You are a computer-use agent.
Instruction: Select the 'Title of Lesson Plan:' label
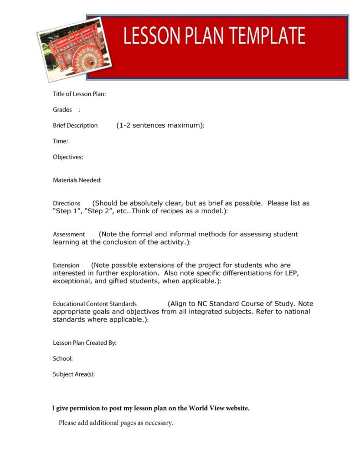pyautogui.click(x=79, y=94)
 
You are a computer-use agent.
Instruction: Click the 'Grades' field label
pyautogui.click(x=62, y=110)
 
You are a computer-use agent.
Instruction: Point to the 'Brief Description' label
pyautogui.click(x=75, y=125)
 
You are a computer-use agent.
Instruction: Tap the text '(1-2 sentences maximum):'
pyautogui.click(x=160, y=125)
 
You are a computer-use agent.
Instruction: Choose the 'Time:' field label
pyautogui.click(x=60, y=141)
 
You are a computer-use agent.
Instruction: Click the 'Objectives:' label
pyautogui.click(x=68, y=157)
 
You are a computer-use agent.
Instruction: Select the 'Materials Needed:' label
pyautogui.click(x=77, y=180)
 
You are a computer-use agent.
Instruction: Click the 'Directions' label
pyautogui.click(x=67, y=203)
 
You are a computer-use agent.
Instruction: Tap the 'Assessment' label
pyautogui.click(x=69, y=234)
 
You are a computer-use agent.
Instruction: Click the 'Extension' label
pyautogui.click(x=66, y=265)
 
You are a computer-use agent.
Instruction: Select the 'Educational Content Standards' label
pyautogui.click(x=95, y=304)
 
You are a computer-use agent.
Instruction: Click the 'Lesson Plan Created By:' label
pyautogui.click(x=85, y=343)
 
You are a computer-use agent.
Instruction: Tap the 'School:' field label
pyautogui.click(x=63, y=358)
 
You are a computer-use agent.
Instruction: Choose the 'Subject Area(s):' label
pyautogui.click(x=74, y=374)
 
